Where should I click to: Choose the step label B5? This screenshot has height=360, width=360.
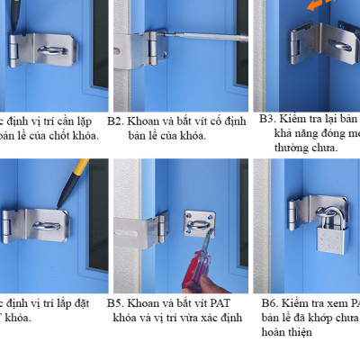tap(115, 303)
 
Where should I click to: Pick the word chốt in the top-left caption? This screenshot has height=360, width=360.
tap(58, 135)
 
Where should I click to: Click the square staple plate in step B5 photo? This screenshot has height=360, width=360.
tap(201, 224)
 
